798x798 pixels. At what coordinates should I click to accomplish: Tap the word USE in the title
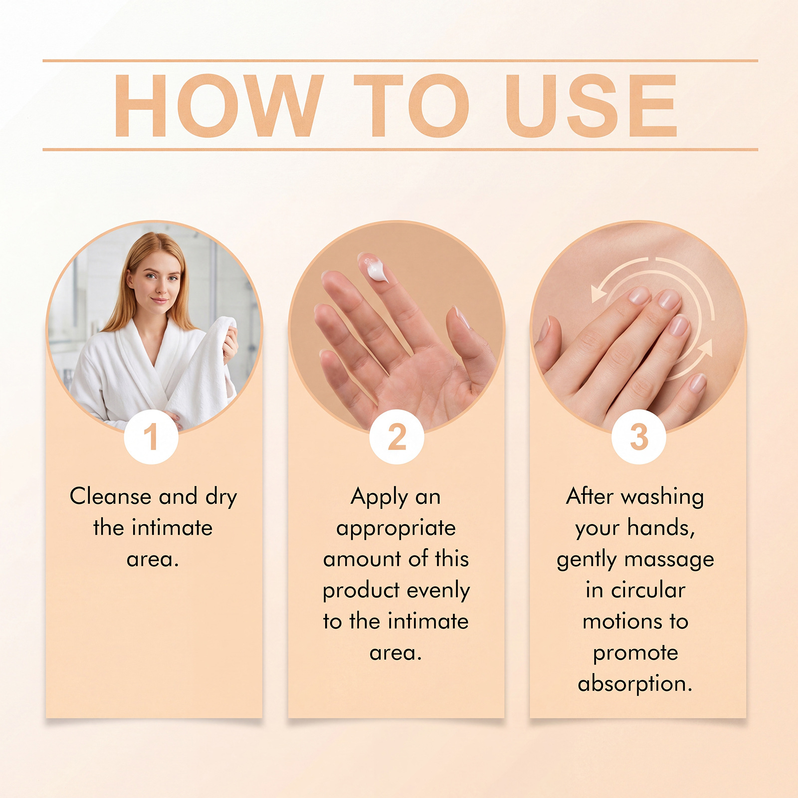click(591, 105)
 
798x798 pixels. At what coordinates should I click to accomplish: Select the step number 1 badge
click(151, 437)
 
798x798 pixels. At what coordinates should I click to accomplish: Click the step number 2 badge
click(397, 437)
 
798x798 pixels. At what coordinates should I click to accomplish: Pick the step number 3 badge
click(639, 437)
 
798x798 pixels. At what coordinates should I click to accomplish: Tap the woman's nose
click(159, 287)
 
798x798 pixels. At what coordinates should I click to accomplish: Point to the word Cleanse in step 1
click(111, 496)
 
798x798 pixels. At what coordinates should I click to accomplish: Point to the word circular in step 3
click(648, 591)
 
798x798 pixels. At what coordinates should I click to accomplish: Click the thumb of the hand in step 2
click(471, 344)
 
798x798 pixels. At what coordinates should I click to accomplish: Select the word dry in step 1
click(221, 498)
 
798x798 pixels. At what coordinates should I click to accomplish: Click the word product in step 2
click(361, 591)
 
